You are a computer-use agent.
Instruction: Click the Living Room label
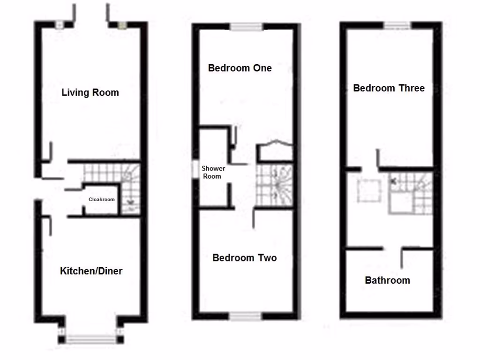pos(90,92)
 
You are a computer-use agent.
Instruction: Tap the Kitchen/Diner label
pos(91,271)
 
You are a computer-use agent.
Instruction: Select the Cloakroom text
pos(102,199)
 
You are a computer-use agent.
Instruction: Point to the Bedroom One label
pos(240,68)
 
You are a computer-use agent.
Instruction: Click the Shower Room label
pos(213,172)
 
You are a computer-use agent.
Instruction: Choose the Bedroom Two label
pos(244,258)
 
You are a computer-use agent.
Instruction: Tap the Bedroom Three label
pos(389,88)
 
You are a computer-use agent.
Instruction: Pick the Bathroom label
pos(387,280)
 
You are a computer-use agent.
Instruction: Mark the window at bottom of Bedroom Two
pos(246,316)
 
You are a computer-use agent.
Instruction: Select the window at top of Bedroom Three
pos(397,26)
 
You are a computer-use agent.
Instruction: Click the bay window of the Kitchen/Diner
pos(90,338)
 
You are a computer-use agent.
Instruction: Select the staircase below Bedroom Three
pos(411,193)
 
